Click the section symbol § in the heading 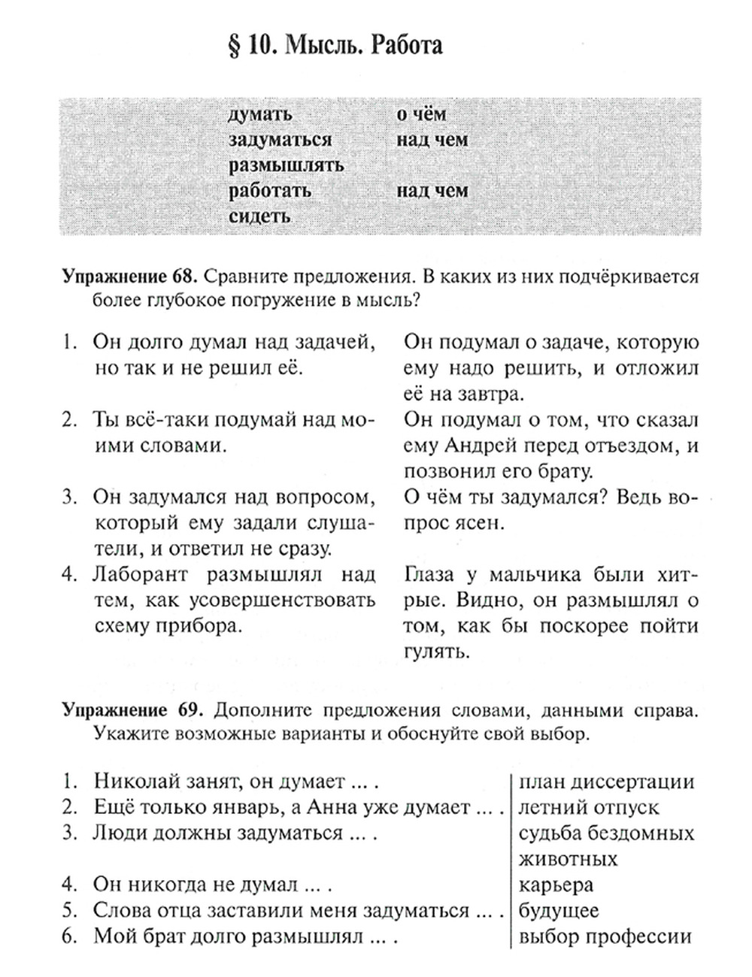pyautogui.click(x=233, y=46)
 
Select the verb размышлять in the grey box pyautogui.click(x=286, y=165)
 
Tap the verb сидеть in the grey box pyautogui.click(x=259, y=216)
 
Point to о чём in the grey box pyautogui.click(x=421, y=114)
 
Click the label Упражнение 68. pyautogui.click(x=129, y=277)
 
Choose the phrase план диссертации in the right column pyautogui.click(x=606, y=782)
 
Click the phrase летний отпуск pyautogui.click(x=589, y=807)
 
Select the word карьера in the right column pyautogui.click(x=556, y=885)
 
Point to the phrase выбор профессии pyautogui.click(x=605, y=937)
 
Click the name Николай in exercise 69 pyautogui.click(x=130, y=782)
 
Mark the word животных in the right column pyautogui.click(x=568, y=859)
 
